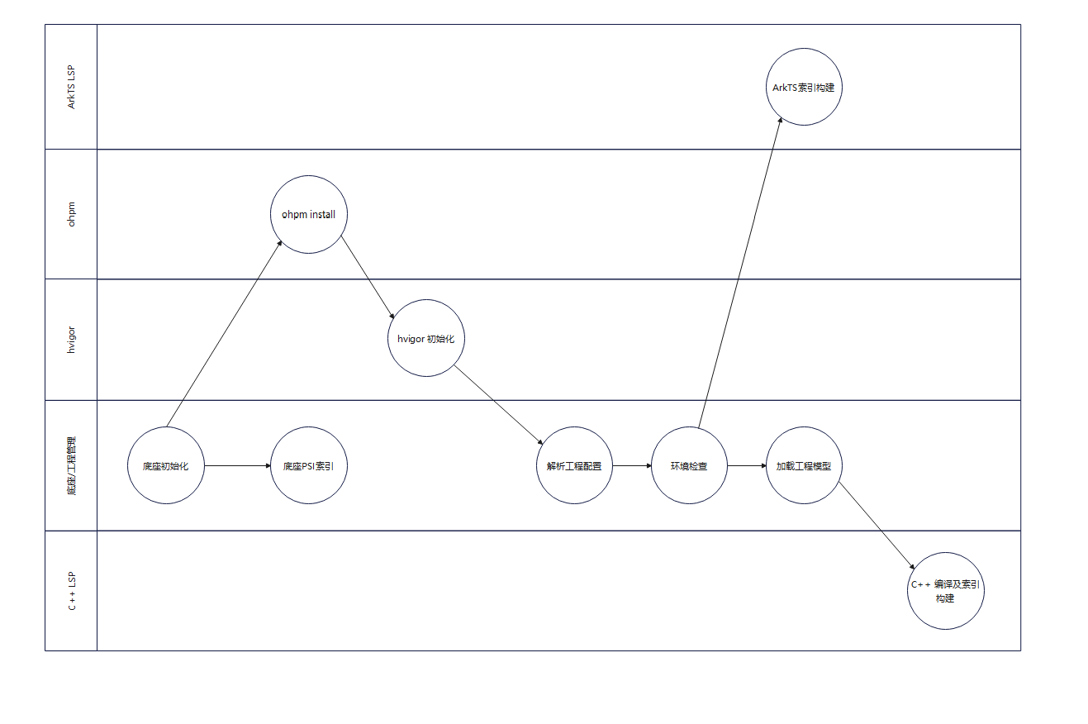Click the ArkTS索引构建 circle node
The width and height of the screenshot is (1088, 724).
click(804, 88)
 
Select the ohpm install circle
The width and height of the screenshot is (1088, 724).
click(309, 215)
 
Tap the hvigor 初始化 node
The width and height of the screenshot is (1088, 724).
click(426, 338)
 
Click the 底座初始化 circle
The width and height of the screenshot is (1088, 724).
click(166, 465)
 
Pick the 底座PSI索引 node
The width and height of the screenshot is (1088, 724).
click(309, 465)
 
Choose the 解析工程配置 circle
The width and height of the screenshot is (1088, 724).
click(574, 465)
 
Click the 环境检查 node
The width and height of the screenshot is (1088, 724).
click(689, 465)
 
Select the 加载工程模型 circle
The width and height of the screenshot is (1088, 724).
click(804, 465)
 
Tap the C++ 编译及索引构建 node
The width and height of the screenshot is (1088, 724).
click(945, 591)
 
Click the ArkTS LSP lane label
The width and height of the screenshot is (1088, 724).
click(72, 87)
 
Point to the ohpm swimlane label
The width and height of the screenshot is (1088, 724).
click(72, 214)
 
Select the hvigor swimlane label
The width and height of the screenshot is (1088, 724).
click(72, 340)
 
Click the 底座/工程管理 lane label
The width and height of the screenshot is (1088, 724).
click(72, 465)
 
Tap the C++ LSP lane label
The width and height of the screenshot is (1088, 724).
click(72, 591)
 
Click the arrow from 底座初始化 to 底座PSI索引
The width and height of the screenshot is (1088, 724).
click(238, 465)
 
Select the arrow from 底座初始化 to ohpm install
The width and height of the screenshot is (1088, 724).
click(225, 334)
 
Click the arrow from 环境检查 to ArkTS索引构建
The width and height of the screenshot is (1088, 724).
click(739, 273)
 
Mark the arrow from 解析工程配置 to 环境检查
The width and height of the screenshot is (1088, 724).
click(632, 465)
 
